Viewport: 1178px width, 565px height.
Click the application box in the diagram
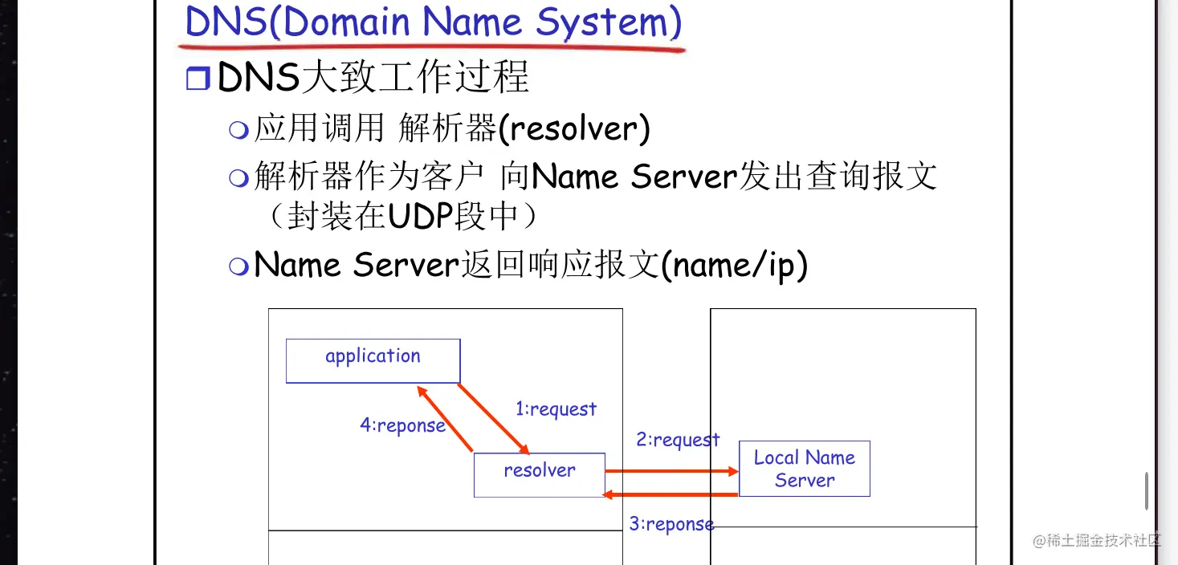click(373, 360)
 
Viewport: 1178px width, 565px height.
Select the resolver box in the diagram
click(539, 474)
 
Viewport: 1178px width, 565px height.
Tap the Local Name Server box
click(804, 469)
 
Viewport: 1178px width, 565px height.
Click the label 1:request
click(556, 409)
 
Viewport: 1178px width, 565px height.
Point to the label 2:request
click(678, 440)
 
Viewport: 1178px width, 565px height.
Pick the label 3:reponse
click(671, 524)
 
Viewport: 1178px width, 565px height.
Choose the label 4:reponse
click(402, 425)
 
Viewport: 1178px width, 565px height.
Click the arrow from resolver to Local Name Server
click(671, 471)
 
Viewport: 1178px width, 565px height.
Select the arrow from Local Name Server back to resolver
click(671, 494)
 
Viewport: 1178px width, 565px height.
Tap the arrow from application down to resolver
click(493, 418)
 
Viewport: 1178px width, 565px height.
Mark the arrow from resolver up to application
click(445, 417)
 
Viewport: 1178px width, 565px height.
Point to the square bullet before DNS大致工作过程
click(197, 79)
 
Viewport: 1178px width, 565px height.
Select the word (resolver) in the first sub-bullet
click(574, 129)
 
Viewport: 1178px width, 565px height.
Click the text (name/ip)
click(733, 266)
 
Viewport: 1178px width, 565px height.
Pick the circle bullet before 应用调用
click(238, 130)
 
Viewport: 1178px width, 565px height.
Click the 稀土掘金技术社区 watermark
click(1097, 540)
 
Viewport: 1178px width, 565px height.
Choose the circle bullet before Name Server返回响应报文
click(238, 266)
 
